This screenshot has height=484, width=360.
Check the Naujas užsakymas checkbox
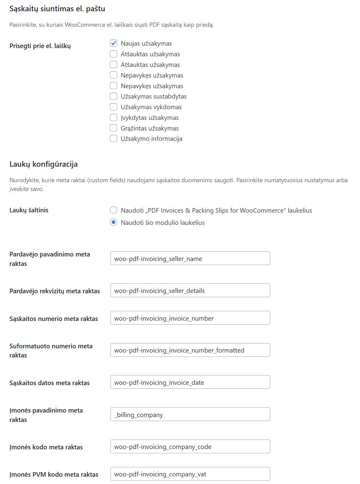(x=114, y=44)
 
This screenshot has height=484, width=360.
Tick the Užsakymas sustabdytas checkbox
(x=114, y=96)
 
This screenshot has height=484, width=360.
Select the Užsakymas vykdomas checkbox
(x=114, y=107)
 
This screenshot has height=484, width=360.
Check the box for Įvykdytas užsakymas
(x=114, y=118)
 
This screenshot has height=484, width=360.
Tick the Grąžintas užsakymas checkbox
(x=114, y=128)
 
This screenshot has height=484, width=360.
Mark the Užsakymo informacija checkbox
(x=114, y=139)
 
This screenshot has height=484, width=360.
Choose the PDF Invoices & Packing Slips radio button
(x=114, y=210)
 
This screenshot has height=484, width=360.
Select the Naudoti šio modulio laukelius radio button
(x=114, y=222)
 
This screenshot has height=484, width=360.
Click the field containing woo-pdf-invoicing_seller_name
(x=190, y=258)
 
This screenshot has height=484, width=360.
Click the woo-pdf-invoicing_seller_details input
(x=190, y=291)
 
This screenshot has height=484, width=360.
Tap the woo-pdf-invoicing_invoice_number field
(x=190, y=318)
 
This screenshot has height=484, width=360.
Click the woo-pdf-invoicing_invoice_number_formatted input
(x=190, y=350)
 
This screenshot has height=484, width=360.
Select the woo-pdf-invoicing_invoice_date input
(x=190, y=382)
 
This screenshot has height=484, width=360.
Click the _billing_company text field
(x=190, y=414)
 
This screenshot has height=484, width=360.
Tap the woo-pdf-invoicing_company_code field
(x=190, y=447)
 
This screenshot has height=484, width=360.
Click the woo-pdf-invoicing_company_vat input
(x=190, y=474)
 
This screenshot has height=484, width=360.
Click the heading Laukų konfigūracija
(x=44, y=164)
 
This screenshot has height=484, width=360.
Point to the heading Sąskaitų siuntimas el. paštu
(x=57, y=9)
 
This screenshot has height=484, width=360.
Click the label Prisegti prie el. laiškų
(x=40, y=46)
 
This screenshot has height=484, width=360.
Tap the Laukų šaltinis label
(x=29, y=210)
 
